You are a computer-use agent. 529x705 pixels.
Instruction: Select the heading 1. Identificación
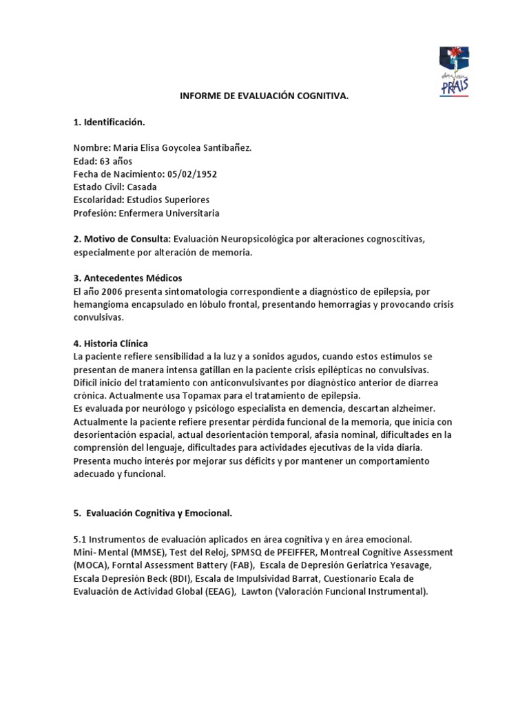click(x=110, y=123)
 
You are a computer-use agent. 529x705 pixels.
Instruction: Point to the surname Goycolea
click(x=183, y=149)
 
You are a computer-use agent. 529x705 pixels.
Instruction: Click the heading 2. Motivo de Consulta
click(x=122, y=239)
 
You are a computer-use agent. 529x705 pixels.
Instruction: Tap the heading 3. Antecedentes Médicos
click(x=127, y=278)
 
